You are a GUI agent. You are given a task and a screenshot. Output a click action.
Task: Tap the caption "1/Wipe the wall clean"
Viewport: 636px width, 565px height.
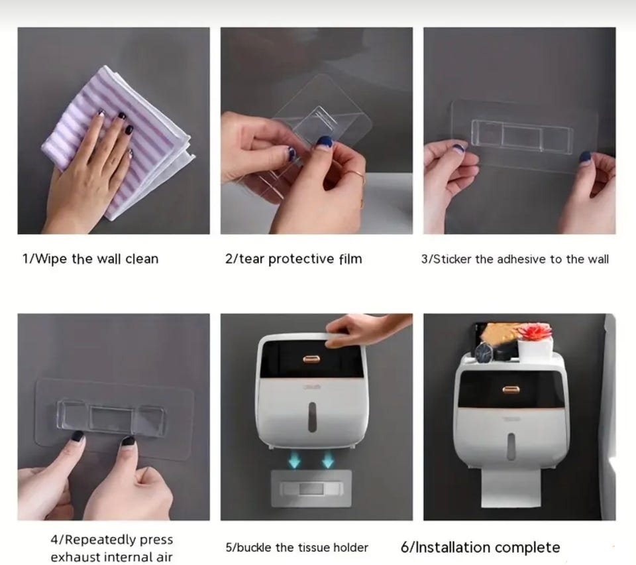[91, 259]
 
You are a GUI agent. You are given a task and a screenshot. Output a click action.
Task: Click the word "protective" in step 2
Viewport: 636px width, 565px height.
[301, 259]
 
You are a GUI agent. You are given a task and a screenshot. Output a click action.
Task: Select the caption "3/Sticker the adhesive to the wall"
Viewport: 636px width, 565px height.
[515, 259]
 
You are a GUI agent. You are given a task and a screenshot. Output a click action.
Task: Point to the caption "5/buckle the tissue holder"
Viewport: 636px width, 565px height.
[297, 548]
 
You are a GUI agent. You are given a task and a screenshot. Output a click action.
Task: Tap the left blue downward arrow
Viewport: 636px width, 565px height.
[294, 460]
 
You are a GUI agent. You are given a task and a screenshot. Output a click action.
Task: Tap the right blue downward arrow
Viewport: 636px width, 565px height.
[327, 460]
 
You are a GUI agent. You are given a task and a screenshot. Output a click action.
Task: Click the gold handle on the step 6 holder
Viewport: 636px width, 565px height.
[511, 390]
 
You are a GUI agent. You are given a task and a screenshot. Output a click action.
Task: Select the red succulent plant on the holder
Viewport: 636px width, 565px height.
[535, 334]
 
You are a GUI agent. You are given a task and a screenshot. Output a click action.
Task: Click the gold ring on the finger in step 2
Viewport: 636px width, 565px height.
[356, 176]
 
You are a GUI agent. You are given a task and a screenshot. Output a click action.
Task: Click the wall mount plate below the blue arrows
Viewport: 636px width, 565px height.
[311, 488]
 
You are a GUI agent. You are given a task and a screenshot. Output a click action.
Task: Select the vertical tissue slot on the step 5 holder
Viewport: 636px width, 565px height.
[311, 417]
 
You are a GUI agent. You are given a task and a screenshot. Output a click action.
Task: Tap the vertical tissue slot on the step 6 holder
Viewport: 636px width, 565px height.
[511, 446]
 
